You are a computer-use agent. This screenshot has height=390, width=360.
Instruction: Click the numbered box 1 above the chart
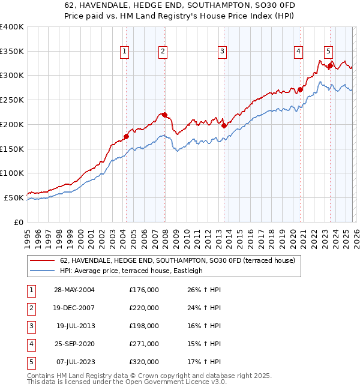(x=124, y=52)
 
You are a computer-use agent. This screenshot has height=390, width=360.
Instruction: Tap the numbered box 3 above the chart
(x=222, y=52)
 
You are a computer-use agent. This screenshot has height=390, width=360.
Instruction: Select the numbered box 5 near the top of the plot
(x=329, y=52)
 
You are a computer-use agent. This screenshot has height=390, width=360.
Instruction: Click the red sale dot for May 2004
(x=127, y=136)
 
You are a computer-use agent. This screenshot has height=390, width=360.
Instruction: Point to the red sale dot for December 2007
(x=164, y=115)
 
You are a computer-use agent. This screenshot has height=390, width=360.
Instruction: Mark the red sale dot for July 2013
(x=224, y=125)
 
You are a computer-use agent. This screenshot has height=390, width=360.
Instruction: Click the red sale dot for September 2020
(x=300, y=90)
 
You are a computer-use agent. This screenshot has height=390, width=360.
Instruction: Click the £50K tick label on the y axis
(x=14, y=197)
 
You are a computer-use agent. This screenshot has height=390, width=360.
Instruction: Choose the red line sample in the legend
(x=43, y=261)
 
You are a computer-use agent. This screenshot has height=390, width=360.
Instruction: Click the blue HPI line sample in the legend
(x=43, y=271)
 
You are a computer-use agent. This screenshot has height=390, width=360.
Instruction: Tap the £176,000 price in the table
(x=144, y=290)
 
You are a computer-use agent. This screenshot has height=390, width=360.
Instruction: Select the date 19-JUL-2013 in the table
(x=76, y=326)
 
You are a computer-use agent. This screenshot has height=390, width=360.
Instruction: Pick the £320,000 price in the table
(x=144, y=362)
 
